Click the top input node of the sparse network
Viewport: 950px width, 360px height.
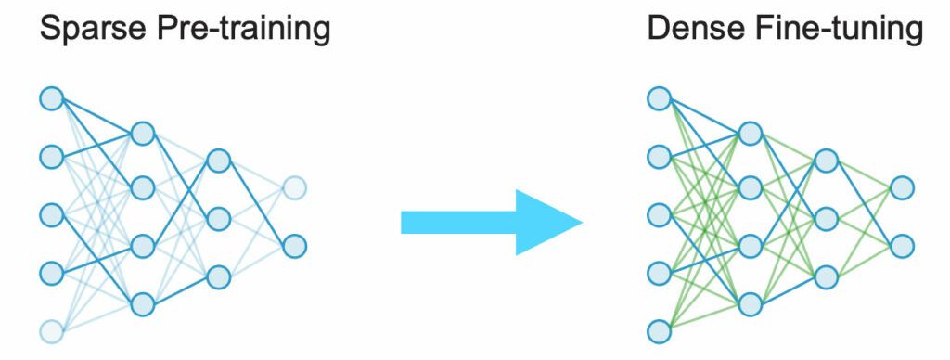(51, 97)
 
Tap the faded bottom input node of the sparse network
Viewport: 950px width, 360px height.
(51, 331)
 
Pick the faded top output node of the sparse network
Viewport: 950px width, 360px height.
(294, 188)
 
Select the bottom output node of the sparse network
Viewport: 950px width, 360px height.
(294, 247)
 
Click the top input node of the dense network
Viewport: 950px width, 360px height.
(658, 97)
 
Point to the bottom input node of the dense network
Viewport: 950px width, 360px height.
(658, 331)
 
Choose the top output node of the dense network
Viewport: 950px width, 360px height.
(902, 188)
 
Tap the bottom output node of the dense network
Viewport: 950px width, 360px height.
(902, 247)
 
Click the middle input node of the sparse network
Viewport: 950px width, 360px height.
(51, 214)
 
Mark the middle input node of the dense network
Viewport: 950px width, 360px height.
(658, 214)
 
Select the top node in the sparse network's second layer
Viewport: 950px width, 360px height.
(142, 134)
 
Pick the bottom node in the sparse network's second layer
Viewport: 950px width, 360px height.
(142, 303)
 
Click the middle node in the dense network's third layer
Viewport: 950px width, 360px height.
(826, 219)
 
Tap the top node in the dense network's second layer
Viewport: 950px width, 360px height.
(750, 134)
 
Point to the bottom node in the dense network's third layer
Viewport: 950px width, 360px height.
(826, 276)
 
